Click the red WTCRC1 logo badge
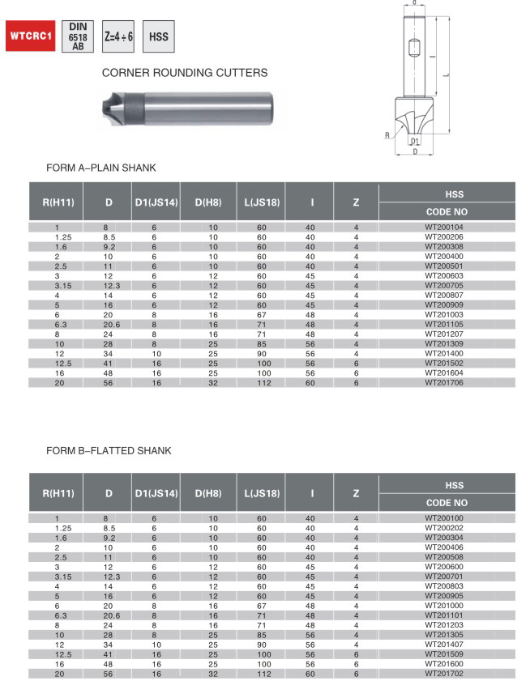pyautogui.click(x=31, y=37)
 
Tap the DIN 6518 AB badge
pyautogui.click(x=78, y=36)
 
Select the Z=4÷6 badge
pyautogui.click(x=118, y=37)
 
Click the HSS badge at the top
pyautogui.click(x=158, y=37)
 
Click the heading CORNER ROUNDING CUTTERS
pyautogui.click(x=185, y=73)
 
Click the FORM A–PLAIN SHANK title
pyautogui.click(x=101, y=168)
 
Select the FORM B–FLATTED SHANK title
pyautogui.click(x=109, y=450)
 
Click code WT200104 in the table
pyautogui.click(x=445, y=228)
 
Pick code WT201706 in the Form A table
pyautogui.click(x=445, y=382)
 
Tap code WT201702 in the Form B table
pyautogui.click(x=445, y=673)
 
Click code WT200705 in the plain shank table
pyautogui.click(x=445, y=285)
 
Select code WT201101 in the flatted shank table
pyautogui.click(x=445, y=615)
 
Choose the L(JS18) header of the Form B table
pyautogui.click(x=261, y=492)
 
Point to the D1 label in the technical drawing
pyautogui.click(x=415, y=141)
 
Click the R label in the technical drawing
pyautogui.click(x=389, y=134)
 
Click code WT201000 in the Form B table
pyautogui.click(x=445, y=605)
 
